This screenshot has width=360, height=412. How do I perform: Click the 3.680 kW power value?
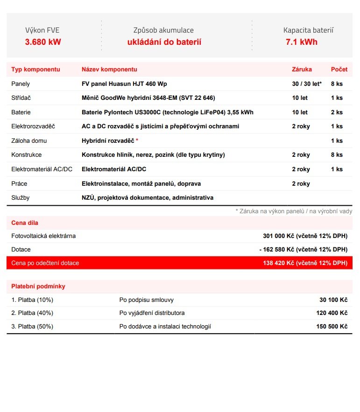click(x=43, y=42)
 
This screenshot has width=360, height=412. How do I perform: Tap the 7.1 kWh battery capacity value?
click(x=302, y=42)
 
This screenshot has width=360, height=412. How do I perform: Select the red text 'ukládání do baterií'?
click(x=164, y=42)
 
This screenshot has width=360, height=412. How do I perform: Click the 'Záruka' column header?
click(x=302, y=70)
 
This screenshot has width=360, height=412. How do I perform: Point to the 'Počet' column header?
click(x=339, y=70)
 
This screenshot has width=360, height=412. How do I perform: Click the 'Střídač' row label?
click(x=21, y=98)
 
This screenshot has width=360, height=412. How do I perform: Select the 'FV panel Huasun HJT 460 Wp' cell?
click(x=124, y=84)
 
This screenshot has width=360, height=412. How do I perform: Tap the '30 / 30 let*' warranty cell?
click(x=307, y=84)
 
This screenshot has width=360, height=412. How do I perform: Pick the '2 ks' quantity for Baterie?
click(x=337, y=112)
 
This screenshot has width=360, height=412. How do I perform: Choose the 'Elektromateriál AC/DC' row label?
click(x=42, y=169)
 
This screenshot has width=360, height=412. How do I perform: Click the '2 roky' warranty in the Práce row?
click(x=301, y=184)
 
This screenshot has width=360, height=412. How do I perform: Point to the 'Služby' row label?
click(x=21, y=198)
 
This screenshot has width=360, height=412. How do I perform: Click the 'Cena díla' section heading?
click(x=25, y=223)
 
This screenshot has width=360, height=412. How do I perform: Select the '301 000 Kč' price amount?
click(x=278, y=236)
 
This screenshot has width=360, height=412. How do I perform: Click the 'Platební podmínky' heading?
click(x=38, y=286)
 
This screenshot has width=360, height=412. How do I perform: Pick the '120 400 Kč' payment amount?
click(x=332, y=313)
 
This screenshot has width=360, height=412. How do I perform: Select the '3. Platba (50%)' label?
click(x=32, y=327)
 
